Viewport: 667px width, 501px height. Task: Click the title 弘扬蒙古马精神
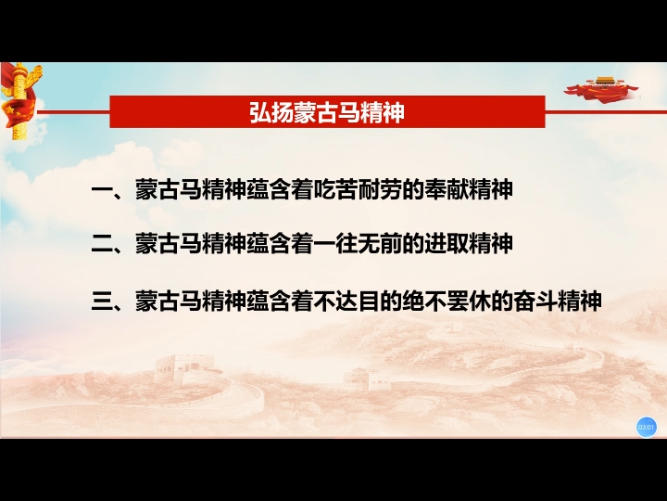pos(327,112)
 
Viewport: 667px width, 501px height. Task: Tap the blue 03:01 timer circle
pos(646,427)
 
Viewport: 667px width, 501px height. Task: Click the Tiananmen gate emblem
pos(601,89)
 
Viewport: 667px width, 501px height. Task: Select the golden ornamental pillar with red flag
pos(20,100)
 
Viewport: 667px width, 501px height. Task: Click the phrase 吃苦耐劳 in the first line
pos(358,189)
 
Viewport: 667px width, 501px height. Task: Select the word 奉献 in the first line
pos(446,189)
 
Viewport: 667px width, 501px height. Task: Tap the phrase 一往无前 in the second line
pos(358,244)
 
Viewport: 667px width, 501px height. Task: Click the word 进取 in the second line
pos(446,244)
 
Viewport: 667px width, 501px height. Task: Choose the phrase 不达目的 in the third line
pos(358,301)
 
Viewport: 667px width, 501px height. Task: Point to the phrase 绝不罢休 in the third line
pos(446,301)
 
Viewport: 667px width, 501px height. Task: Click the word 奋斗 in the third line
pos(535,301)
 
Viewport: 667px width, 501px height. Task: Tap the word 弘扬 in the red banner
pos(271,112)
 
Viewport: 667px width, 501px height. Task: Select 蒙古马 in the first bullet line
pos(169,189)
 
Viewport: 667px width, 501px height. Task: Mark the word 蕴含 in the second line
pos(269,244)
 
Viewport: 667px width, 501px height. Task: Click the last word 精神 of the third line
pos(579,301)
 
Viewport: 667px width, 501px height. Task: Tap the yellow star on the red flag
pos(9,109)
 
